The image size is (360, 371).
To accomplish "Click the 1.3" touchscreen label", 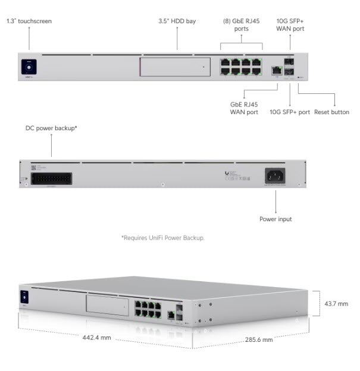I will coord(29,21).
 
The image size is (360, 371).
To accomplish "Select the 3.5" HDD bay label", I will coord(177,21).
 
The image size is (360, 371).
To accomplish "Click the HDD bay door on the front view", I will coord(174,67).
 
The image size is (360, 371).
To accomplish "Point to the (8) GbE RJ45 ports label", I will coord(241,24).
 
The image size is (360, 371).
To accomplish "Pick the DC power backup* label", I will coord(51,127).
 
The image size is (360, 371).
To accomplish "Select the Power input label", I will coord(276,219).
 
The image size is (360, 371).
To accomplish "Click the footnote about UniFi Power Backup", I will coord(163,238).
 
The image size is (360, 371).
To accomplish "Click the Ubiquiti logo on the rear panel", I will coord(227,173).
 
